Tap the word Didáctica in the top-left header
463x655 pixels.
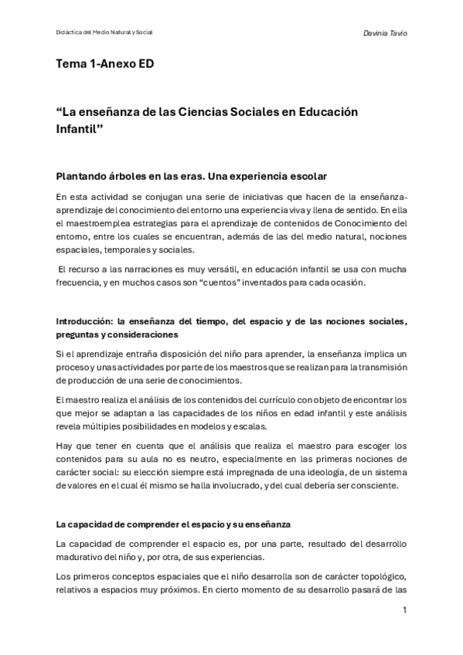[x=70, y=33]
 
